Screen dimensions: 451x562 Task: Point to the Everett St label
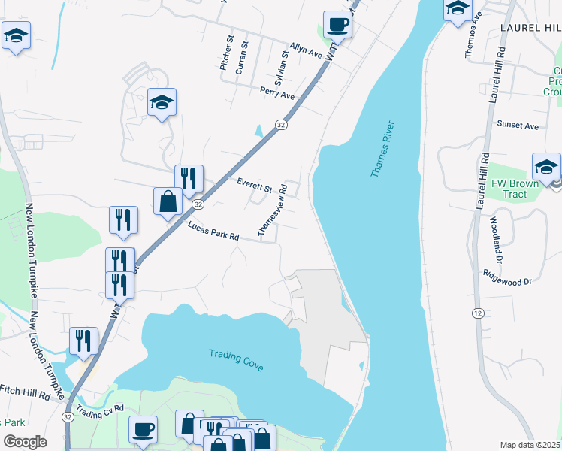(x=253, y=185)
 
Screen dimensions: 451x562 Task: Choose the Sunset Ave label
(x=518, y=126)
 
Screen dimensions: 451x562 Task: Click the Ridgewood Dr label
(x=508, y=277)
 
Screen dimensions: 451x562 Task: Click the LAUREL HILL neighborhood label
(x=530, y=27)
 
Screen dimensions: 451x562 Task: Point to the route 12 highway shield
(x=479, y=312)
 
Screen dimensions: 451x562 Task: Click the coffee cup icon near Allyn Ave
(x=337, y=24)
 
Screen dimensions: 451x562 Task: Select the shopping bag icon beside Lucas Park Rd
(x=168, y=201)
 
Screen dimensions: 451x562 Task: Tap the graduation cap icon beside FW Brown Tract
(x=546, y=167)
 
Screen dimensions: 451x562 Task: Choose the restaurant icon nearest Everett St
(x=189, y=178)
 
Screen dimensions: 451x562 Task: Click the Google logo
(x=25, y=442)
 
